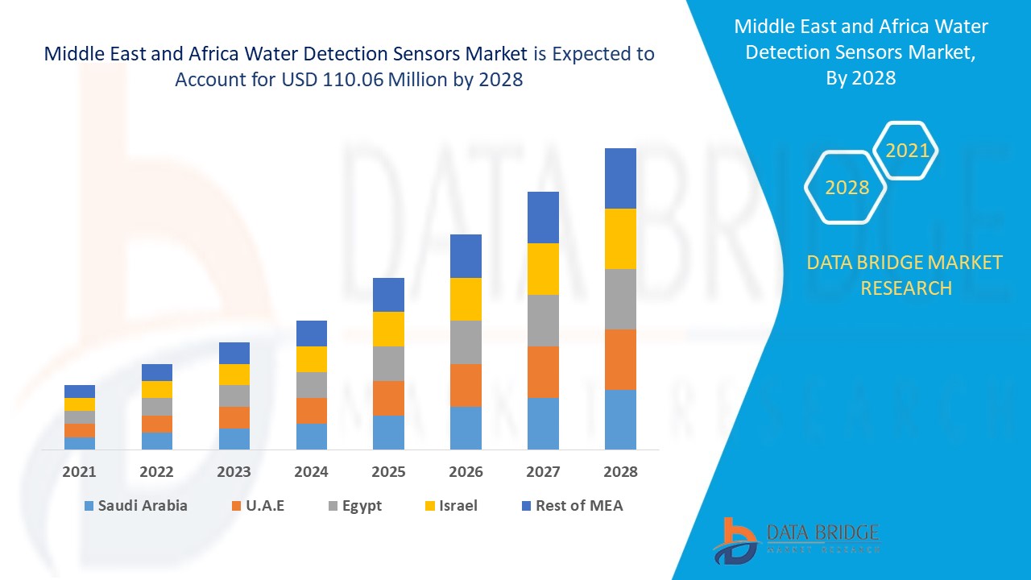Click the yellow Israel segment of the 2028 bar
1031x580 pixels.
(x=620, y=238)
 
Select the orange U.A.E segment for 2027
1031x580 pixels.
(x=543, y=371)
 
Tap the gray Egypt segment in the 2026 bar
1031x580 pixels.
(x=466, y=342)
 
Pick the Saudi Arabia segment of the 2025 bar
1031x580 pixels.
(x=388, y=432)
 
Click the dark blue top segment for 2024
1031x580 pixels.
(x=312, y=333)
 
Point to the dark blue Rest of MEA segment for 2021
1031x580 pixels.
(x=80, y=391)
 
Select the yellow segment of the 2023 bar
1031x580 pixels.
(x=234, y=375)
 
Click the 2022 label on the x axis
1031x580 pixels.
(x=156, y=472)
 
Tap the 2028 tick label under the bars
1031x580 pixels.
(x=620, y=472)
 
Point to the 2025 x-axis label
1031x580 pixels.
(x=388, y=472)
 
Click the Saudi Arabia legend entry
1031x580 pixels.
(x=135, y=506)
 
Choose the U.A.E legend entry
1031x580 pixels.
(x=258, y=506)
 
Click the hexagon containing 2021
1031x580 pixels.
(x=907, y=151)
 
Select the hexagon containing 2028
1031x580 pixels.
(x=847, y=188)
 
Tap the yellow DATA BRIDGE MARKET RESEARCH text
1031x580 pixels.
(x=905, y=275)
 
